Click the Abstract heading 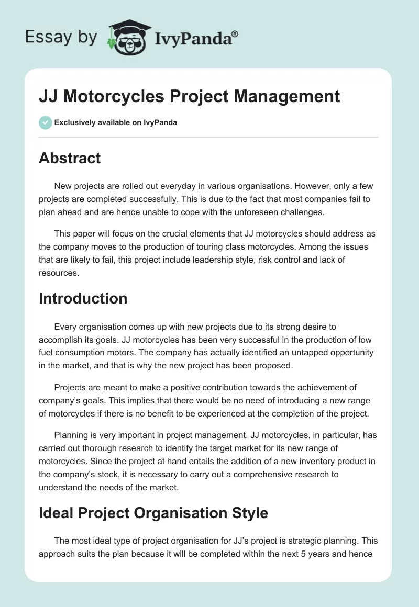pyautogui.click(x=70, y=158)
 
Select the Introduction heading pyautogui.click(x=83, y=298)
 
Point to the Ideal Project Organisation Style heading pyautogui.click(x=153, y=513)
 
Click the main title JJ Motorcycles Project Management pyautogui.click(x=189, y=96)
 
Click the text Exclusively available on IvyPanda pyautogui.click(x=115, y=123)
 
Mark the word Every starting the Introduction pyautogui.click(x=65, y=328)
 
